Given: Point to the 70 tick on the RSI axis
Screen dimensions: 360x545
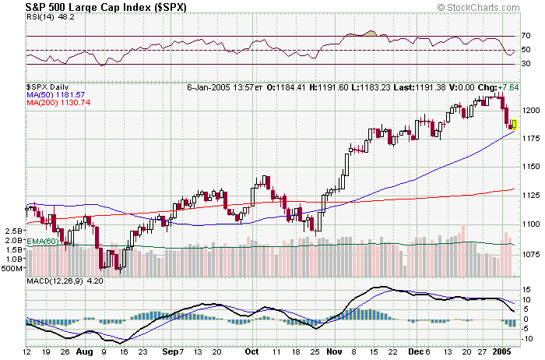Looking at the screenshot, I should tap(526, 36).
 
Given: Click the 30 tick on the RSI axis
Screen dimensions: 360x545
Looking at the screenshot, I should tap(526, 65).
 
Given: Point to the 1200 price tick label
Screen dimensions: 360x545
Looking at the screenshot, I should tap(531, 110).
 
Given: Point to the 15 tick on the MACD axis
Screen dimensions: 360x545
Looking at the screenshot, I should tap(526, 288).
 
